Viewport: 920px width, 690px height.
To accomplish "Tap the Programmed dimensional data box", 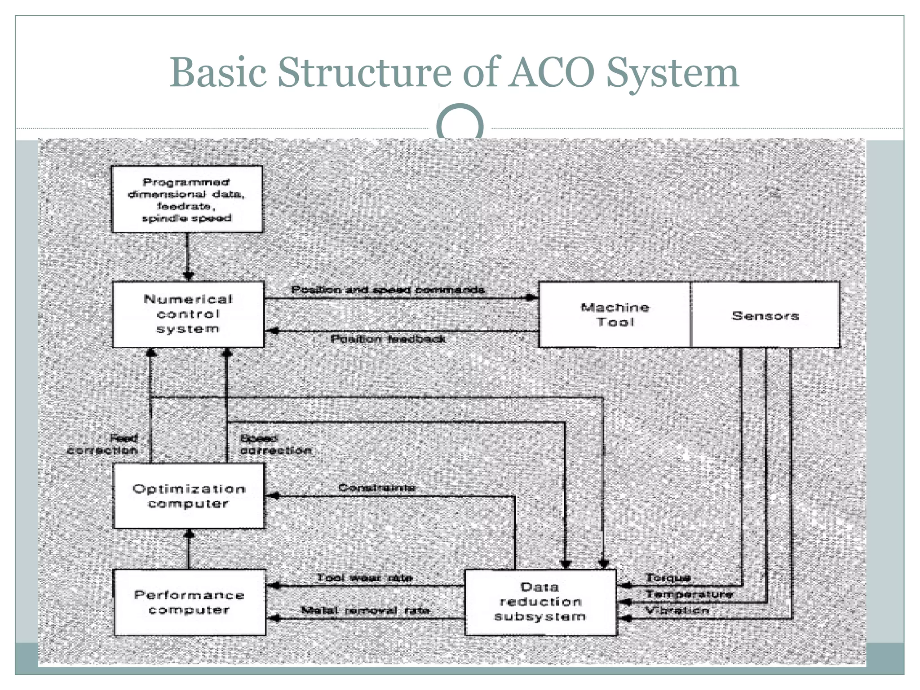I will pyautogui.click(x=187, y=199).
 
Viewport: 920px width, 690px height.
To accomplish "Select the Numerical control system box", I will pyautogui.click(x=188, y=314).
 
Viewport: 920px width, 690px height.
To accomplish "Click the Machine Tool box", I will pyautogui.click(x=615, y=314).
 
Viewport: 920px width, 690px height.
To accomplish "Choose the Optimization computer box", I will pyautogui.click(x=189, y=496).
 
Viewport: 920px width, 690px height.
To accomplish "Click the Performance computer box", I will pyautogui.click(x=190, y=602).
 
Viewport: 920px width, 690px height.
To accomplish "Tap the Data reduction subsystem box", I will pyautogui.click(x=540, y=602).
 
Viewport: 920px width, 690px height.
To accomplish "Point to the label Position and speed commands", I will pyautogui.click(x=388, y=290).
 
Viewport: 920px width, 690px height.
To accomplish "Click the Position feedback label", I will pyautogui.click(x=388, y=339).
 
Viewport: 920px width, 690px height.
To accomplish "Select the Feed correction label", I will pyautogui.click(x=103, y=444).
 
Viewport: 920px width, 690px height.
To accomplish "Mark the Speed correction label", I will pyautogui.click(x=275, y=444).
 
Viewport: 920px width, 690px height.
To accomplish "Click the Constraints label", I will pyautogui.click(x=376, y=488).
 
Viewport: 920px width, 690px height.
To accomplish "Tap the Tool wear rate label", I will pyautogui.click(x=364, y=578).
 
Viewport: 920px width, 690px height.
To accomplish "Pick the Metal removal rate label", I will pyautogui.click(x=365, y=610).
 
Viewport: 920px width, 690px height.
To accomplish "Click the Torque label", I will pyautogui.click(x=668, y=578).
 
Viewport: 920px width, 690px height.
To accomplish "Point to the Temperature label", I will pyautogui.click(x=689, y=594).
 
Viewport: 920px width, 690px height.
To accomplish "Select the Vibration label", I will pyautogui.click(x=677, y=610).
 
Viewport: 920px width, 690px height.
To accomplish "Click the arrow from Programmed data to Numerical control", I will pyautogui.click(x=188, y=257).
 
